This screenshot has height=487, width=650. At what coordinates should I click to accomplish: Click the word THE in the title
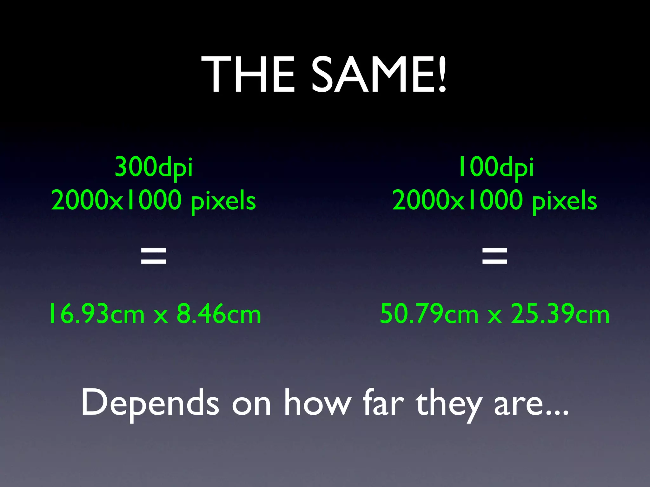click(x=248, y=75)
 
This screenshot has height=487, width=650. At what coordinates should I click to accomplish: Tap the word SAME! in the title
click(x=379, y=75)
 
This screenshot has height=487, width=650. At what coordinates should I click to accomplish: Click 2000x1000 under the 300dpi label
click(x=116, y=200)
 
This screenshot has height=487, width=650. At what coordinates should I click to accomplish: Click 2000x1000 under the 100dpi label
click(x=458, y=200)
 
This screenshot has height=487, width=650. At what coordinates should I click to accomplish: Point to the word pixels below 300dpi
click(x=223, y=202)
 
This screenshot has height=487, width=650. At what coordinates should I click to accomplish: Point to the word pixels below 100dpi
click(x=565, y=202)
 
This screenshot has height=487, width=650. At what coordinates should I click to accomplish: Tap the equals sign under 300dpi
click(x=154, y=256)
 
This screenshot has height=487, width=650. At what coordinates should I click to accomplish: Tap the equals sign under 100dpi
click(x=495, y=256)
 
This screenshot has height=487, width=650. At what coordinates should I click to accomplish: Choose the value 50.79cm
click(x=429, y=314)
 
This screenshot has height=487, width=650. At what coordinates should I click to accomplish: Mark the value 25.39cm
click(x=560, y=314)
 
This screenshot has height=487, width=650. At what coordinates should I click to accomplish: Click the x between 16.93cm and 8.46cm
click(x=161, y=316)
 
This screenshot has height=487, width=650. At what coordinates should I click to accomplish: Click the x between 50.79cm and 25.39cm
click(x=495, y=316)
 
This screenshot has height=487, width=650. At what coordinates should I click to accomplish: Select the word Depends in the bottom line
click(x=150, y=403)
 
